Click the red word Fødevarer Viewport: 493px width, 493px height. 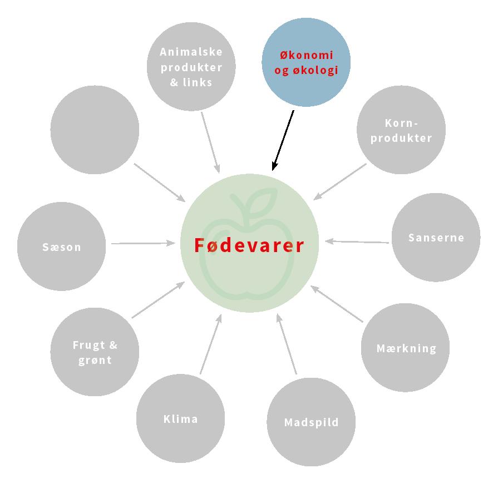249,245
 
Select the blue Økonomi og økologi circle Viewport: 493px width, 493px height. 306,62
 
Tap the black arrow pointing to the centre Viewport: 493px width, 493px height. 283,140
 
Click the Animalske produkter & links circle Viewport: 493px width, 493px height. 191,67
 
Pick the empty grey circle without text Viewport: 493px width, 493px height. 95,130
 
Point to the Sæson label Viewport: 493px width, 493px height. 62,247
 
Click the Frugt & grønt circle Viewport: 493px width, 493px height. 95,352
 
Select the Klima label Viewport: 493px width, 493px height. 181,419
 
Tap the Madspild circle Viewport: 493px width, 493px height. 311,422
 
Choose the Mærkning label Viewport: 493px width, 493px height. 406,349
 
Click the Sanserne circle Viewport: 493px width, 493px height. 436,238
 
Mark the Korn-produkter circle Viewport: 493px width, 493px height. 401,131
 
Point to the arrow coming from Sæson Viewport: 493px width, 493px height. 143,243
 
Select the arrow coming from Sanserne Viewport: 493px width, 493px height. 357,241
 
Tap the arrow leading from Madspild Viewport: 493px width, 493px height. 287,345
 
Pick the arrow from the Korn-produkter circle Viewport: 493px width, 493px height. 340,181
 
